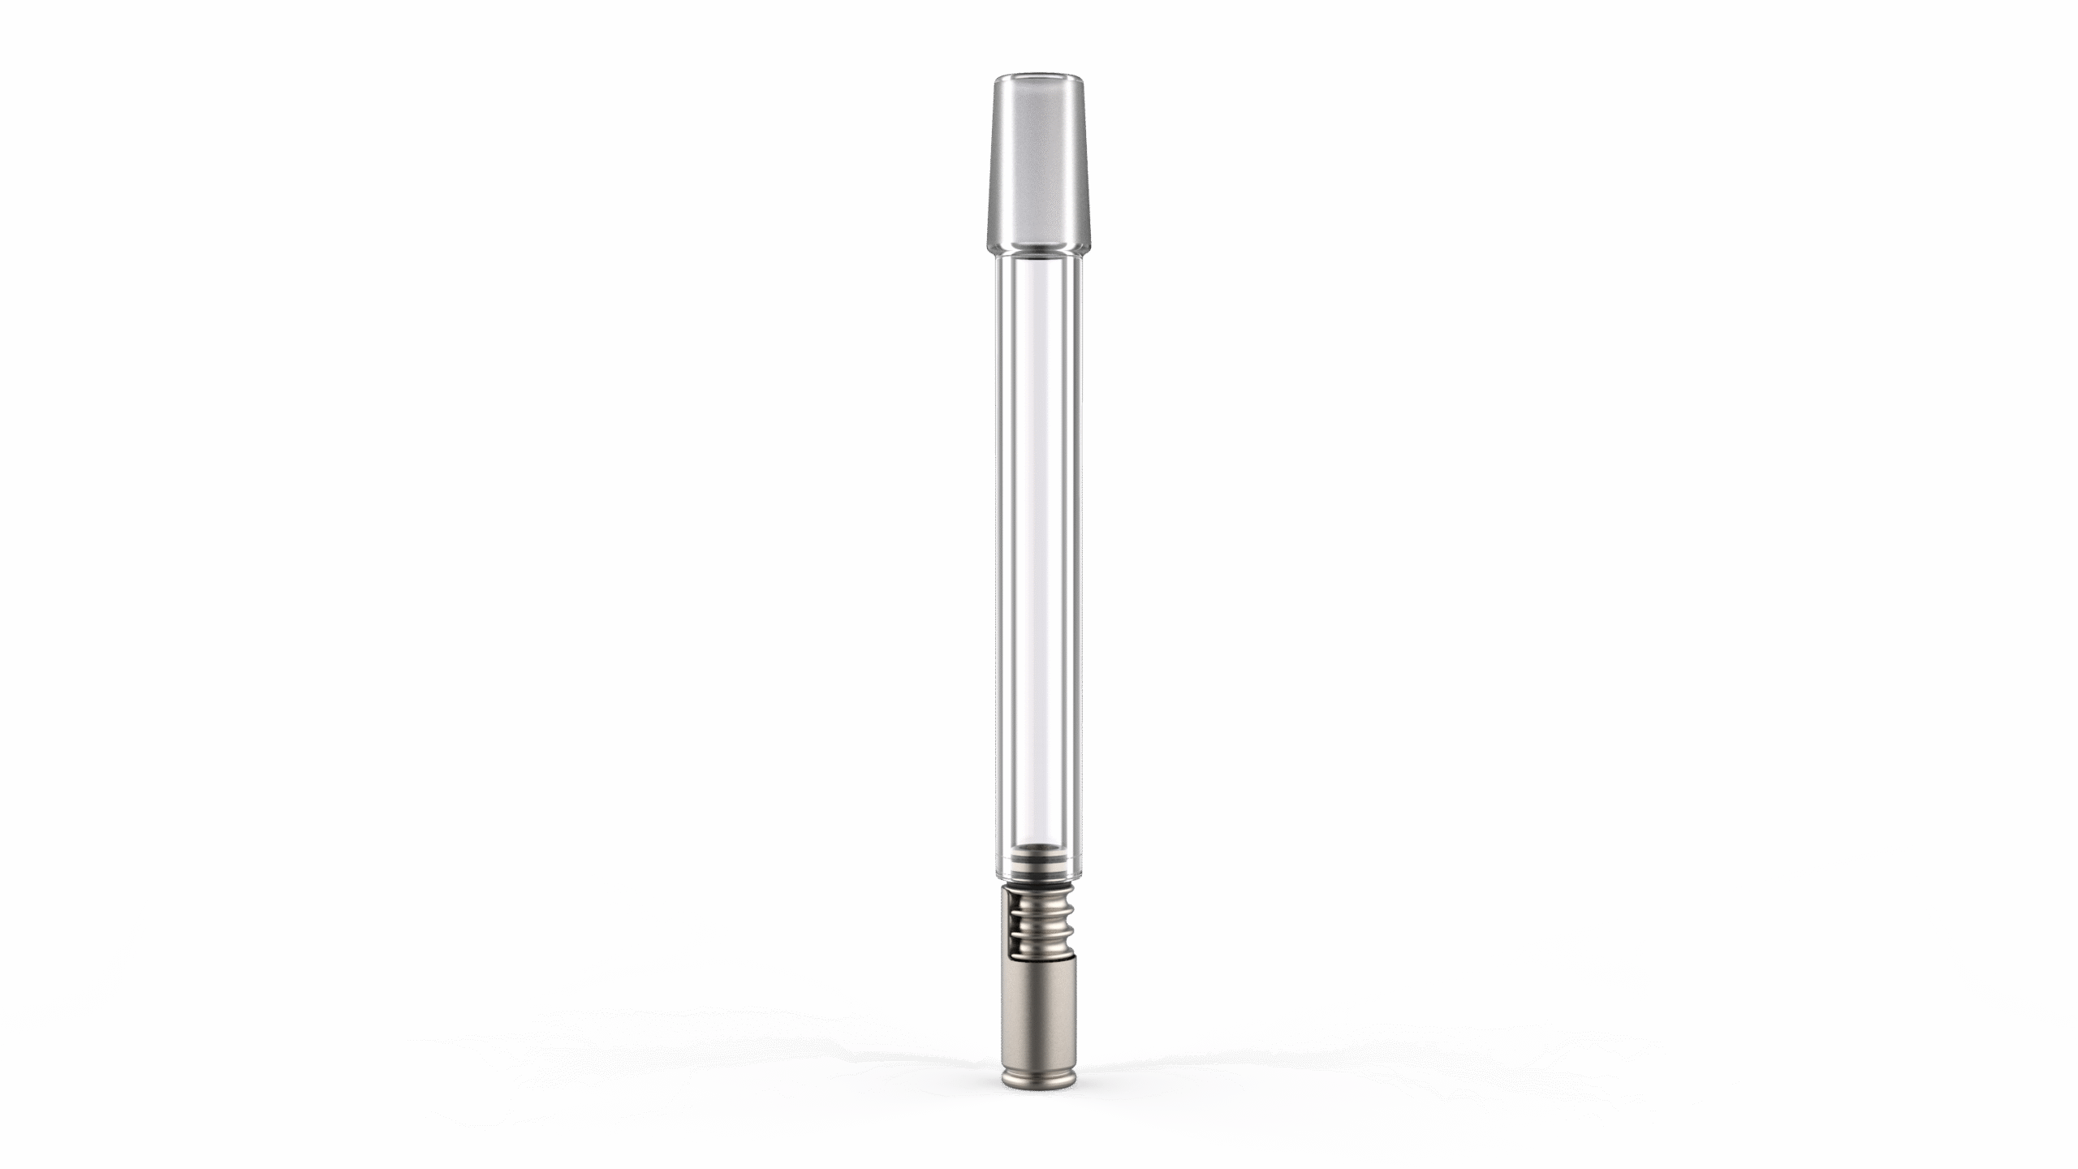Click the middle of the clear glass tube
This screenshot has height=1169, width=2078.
point(1039,552)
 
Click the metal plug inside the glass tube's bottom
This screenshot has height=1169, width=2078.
point(1039,865)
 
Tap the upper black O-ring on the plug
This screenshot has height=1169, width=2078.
point(1039,859)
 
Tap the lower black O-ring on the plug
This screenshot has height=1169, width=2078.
point(1039,875)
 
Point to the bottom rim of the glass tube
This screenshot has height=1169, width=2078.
point(1039,880)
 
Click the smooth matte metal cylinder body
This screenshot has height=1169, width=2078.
point(1039,1011)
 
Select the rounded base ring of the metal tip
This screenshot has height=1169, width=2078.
point(1039,1080)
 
